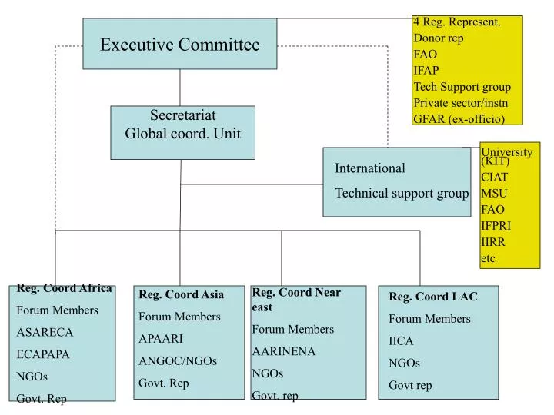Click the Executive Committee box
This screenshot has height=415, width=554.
click(179, 45)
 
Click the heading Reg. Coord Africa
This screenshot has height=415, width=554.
click(65, 288)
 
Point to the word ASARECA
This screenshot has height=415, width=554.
click(45, 332)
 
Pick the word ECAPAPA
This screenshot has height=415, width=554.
click(43, 354)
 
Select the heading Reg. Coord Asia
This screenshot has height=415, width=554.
click(181, 294)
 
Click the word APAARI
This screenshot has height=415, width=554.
click(161, 338)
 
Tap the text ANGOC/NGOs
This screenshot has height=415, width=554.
click(177, 360)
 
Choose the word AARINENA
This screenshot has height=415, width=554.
click(284, 351)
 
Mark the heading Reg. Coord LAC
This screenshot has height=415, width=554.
click(432, 297)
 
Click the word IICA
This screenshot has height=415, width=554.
click(401, 340)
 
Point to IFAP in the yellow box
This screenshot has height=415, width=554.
click(426, 70)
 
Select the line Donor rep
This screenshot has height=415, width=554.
click(439, 38)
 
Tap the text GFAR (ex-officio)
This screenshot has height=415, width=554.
click(459, 118)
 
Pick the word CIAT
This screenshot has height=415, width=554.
click(495, 177)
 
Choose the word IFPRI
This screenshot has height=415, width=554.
click(496, 225)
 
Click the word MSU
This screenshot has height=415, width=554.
click(494, 193)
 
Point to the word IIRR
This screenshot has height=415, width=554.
click(493, 241)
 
